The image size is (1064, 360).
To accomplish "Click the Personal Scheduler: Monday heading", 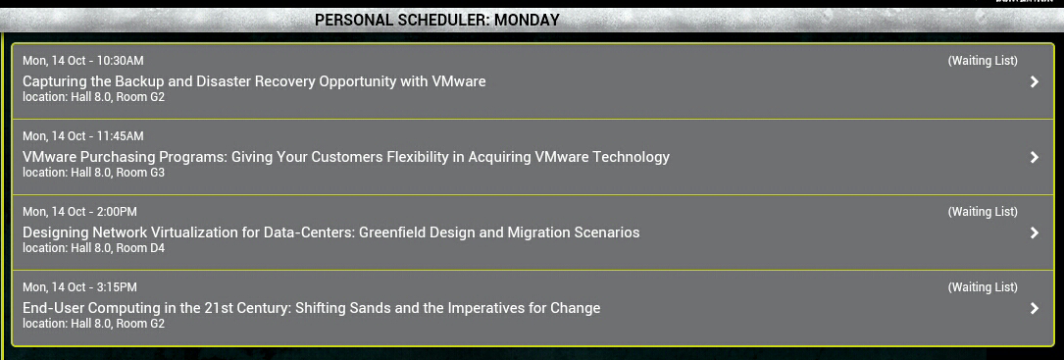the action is (437, 20).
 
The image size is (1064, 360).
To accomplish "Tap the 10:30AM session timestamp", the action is (82, 61).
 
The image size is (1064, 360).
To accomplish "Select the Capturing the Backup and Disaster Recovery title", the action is (254, 81).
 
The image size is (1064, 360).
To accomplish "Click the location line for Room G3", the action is (93, 173).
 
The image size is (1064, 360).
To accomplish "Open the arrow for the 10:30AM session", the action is (1035, 81).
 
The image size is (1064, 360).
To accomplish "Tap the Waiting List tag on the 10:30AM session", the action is (983, 61).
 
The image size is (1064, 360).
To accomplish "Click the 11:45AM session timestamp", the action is (82, 135).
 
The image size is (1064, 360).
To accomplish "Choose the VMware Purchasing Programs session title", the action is (346, 157).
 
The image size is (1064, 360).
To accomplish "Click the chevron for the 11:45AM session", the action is (1035, 157).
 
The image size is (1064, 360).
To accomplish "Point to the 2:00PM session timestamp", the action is (79, 211).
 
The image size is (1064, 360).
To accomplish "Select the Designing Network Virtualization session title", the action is (331, 233).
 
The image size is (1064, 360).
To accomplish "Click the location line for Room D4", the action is (93, 248).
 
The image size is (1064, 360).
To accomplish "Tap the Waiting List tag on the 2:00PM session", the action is (983, 211).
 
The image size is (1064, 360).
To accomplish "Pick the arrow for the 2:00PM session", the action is (1035, 233).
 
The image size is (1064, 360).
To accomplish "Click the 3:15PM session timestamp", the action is (79, 286).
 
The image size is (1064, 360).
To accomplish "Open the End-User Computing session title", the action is (312, 308).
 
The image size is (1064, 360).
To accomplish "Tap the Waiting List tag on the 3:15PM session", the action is (983, 287).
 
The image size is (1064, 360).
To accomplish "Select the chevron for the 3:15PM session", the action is (1035, 308).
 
